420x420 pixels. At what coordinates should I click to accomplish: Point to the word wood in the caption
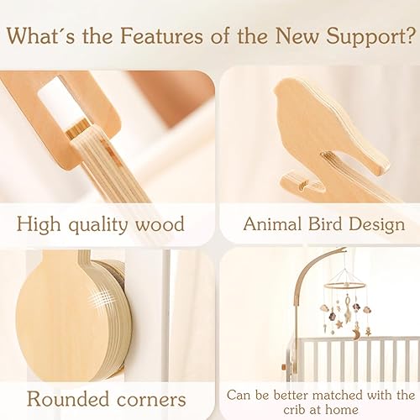coord(160,225)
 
